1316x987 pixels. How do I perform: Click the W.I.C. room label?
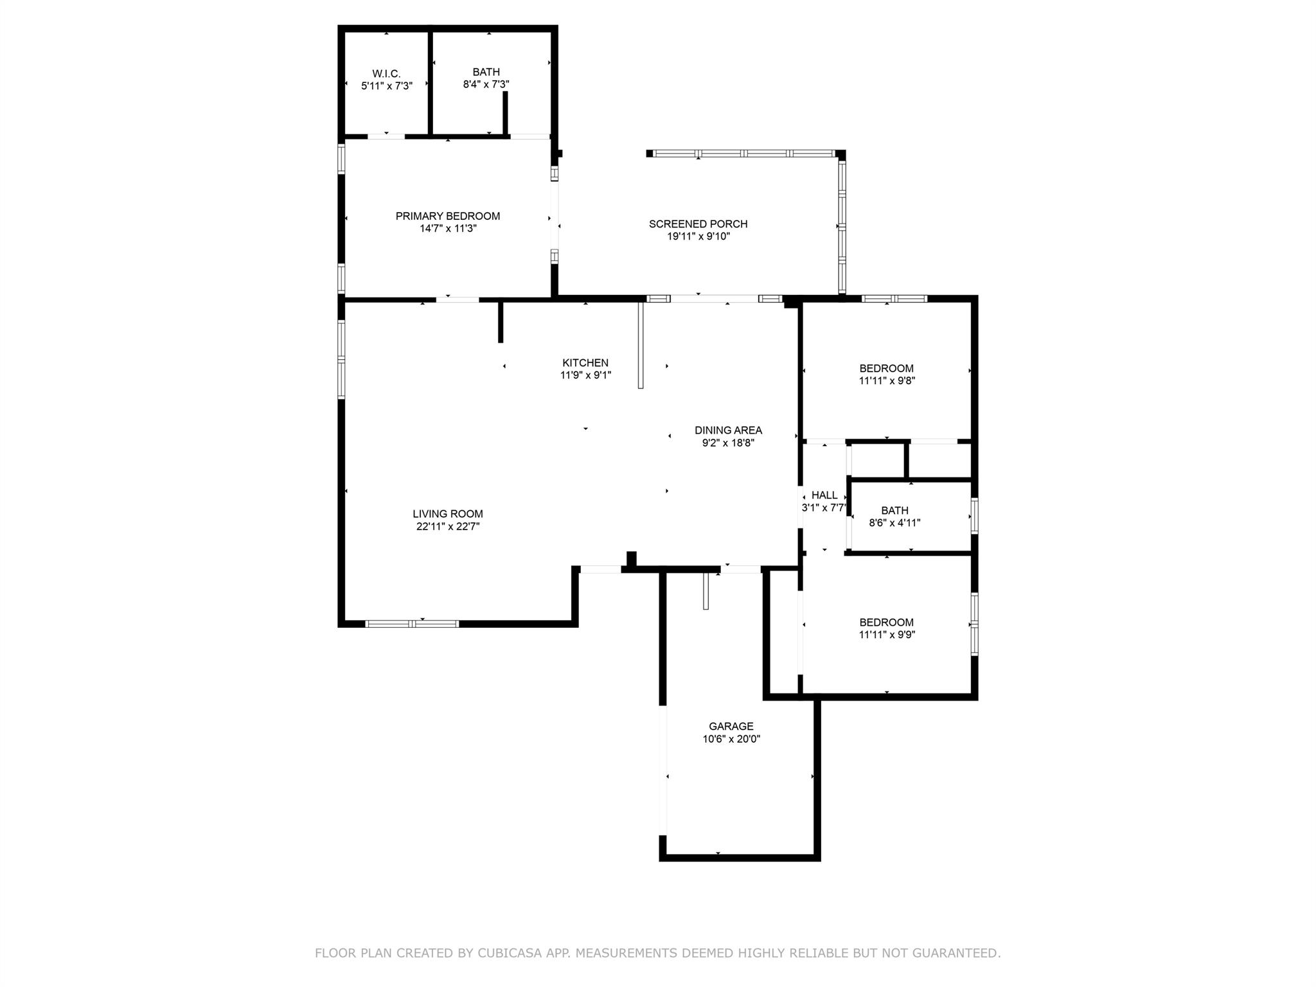pos(386,74)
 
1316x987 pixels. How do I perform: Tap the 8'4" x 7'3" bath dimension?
pos(486,84)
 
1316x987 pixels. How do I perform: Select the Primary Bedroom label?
pos(448,216)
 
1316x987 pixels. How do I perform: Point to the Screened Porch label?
pos(698,224)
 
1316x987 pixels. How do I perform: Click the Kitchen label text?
pos(585,363)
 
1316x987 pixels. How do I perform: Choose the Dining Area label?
pos(728,431)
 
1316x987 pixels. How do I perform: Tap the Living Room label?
pos(448,514)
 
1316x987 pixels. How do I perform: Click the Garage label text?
pos(731,727)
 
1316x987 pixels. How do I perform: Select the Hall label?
pos(824,495)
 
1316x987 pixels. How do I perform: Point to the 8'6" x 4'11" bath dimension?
pos(894,523)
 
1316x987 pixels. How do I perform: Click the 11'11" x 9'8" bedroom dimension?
pos(887,380)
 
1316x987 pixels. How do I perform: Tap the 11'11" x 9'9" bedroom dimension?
pos(887,635)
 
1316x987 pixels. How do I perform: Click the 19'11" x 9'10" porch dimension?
pos(698,236)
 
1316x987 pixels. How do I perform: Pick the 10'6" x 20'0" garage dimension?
pos(731,739)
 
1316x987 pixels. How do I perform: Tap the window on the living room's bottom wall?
pos(412,623)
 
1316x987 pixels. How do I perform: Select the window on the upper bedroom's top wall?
pos(894,298)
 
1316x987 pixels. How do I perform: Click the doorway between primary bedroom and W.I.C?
pos(386,136)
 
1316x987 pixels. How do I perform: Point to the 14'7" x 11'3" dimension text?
pos(448,229)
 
